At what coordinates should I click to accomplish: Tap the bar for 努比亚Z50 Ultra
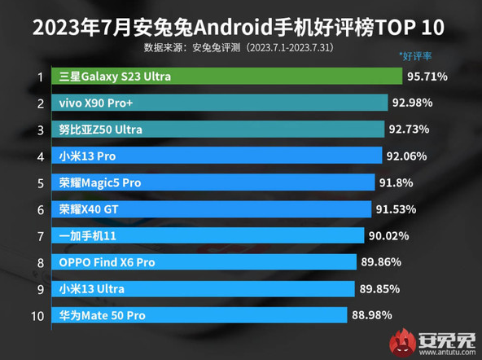[217, 130]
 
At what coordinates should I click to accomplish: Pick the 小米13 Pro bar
[215, 156]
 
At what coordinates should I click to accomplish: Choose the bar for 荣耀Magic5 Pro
[212, 182]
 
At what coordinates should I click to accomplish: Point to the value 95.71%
[428, 77]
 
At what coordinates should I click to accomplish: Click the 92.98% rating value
[412, 103]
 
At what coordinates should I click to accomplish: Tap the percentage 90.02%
[390, 235]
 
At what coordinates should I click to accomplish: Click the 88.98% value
[373, 314]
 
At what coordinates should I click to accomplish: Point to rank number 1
[39, 77]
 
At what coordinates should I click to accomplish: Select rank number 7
[39, 235]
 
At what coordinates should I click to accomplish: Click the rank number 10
[36, 314]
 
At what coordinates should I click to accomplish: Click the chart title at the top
[241, 27]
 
